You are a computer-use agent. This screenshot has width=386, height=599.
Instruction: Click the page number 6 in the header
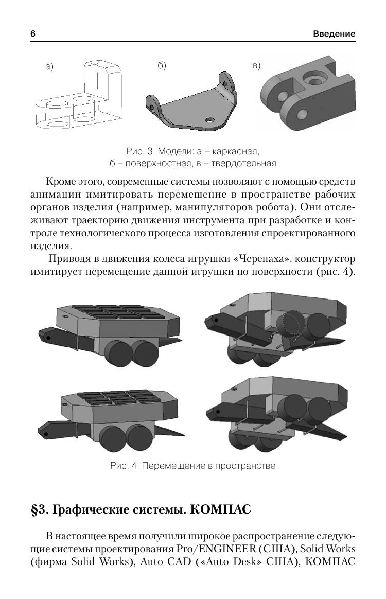[33, 33]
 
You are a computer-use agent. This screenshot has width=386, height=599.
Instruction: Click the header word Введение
[334, 33]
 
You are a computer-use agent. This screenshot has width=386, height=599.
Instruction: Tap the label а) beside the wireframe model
[49, 67]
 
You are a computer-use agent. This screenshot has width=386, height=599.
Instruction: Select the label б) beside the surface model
[162, 66]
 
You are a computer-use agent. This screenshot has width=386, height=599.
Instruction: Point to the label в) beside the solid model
[256, 66]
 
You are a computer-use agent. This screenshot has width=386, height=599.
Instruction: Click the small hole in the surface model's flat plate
[209, 119]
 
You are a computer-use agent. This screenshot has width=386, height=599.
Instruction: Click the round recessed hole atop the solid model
[313, 79]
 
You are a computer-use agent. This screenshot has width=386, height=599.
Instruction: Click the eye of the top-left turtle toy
[47, 337]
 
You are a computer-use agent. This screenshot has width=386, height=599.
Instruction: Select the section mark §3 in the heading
[39, 509]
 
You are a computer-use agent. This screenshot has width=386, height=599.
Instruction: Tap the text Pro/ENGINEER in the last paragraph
[216, 549]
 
